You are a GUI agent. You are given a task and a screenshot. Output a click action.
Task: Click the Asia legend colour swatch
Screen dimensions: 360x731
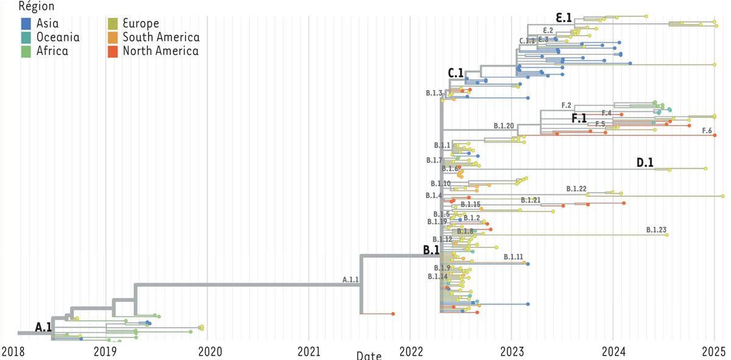[26, 24]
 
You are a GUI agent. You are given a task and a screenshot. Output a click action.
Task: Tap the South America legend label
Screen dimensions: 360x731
[161, 37]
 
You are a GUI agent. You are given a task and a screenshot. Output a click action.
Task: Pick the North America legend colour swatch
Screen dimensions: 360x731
[113, 51]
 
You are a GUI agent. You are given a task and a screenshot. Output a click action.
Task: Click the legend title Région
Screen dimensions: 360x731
[37, 7]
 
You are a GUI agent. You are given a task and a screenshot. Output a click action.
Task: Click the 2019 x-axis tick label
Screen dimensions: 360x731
[106, 351]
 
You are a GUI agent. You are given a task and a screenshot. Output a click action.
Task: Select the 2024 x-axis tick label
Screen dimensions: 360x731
[613, 351]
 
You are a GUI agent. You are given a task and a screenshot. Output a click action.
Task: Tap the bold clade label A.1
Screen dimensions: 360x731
[43, 328]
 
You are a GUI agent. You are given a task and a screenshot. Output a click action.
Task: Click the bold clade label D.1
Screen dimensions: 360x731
[645, 163]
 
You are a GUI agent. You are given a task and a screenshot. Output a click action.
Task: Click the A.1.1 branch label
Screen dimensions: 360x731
[350, 280]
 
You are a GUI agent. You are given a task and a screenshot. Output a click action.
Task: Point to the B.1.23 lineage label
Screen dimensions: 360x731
[656, 230]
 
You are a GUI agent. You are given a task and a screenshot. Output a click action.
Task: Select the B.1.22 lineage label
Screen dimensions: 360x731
[576, 189]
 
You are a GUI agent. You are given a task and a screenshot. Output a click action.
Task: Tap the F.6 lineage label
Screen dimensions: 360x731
[707, 130]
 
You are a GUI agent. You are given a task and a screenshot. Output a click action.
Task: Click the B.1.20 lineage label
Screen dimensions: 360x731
[504, 126]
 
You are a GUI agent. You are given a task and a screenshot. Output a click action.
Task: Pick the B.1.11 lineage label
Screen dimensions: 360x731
[514, 258]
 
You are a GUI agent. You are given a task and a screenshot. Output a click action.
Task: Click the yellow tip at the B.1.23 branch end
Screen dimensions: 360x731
[667, 235]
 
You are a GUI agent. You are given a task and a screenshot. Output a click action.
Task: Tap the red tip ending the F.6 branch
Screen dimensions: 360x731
[715, 135]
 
